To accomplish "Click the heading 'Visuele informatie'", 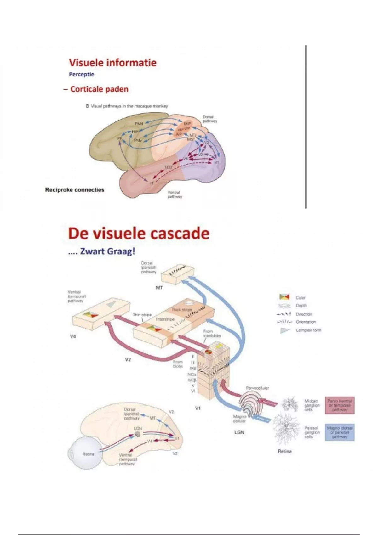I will coord(113,63).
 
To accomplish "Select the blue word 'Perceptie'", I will coord(82,75).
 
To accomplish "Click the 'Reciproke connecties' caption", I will coord(75,190).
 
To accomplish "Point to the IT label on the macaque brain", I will coord(152,183).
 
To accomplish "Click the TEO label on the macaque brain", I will coord(168,167).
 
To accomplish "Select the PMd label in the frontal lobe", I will coord(139,124).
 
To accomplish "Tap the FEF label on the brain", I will coord(135,132).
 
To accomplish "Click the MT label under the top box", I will coord(159,288).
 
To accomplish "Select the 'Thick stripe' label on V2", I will coord(182,310).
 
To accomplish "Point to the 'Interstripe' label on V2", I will coord(165,319).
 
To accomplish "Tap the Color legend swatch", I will coord(284,297).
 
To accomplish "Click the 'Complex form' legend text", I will coord(308,330).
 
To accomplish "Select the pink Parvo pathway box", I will coord(340,405).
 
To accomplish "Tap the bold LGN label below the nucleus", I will coord(239,432).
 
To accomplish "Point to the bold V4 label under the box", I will coord(73,336).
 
